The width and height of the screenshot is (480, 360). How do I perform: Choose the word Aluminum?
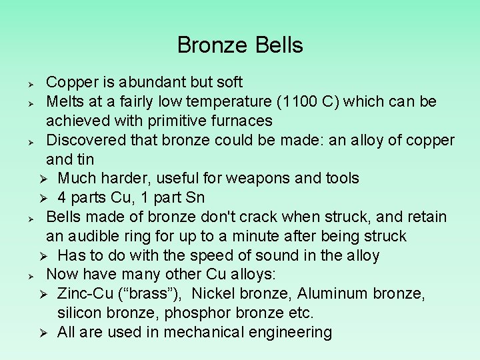point(333,293)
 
